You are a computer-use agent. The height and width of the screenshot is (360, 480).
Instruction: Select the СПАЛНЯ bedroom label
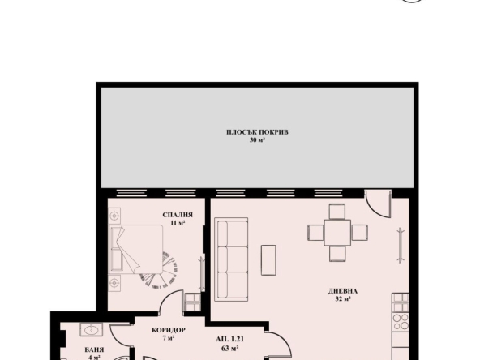pyautogui.click(x=177, y=214)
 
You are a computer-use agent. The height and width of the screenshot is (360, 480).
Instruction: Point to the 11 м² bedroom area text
pyautogui.click(x=178, y=222)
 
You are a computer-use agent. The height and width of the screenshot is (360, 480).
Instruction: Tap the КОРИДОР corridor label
pyautogui.click(x=169, y=329)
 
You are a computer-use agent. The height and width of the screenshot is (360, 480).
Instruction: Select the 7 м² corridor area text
pyautogui.click(x=169, y=338)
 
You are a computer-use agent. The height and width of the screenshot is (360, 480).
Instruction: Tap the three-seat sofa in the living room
pyautogui.click(x=232, y=259)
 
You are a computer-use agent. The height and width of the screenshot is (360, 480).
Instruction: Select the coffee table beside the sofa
pyautogui.click(x=268, y=260)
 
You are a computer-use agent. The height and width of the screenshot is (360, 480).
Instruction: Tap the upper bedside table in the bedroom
pyautogui.click(x=115, y=216)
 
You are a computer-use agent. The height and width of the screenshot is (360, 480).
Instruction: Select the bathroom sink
pyautogui.click(x=91, y=331)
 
